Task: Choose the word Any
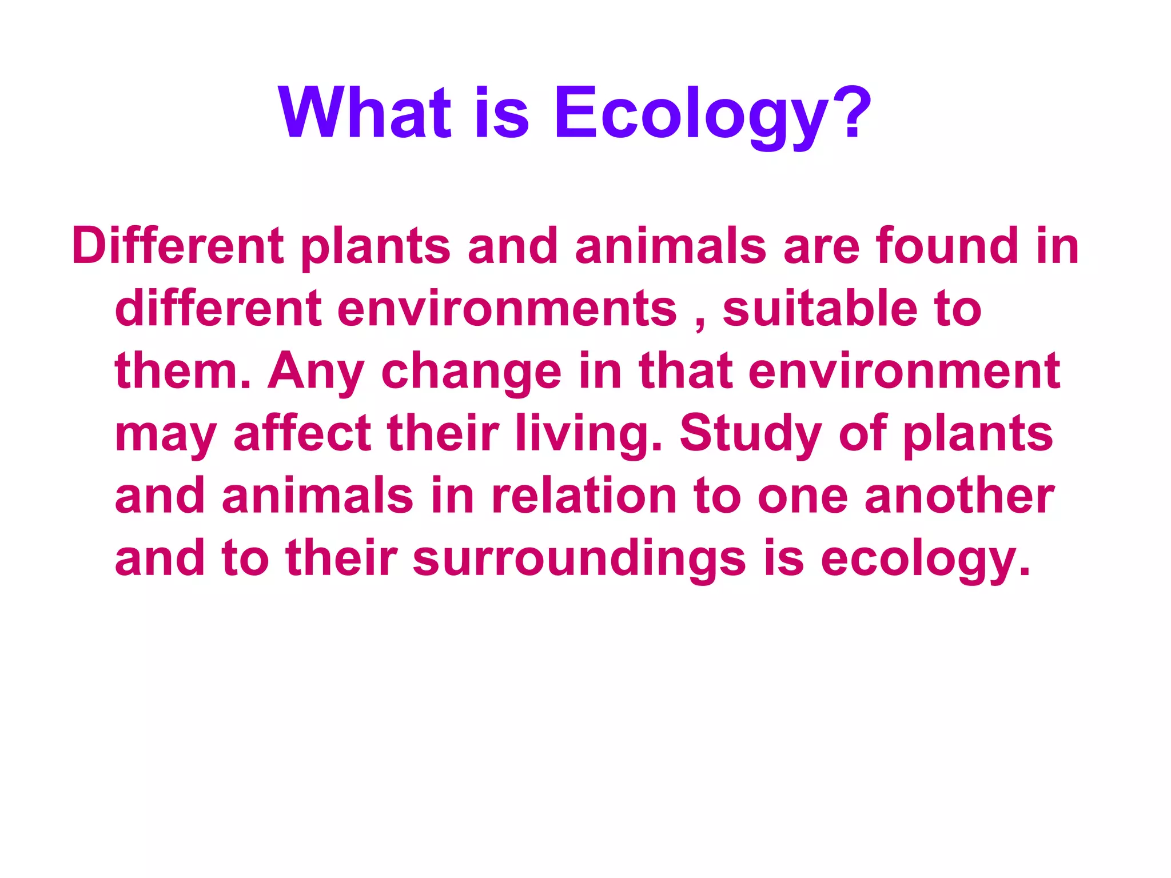[316, 373]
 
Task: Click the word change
[472, 373]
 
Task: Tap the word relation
[584, 496]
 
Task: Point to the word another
[959, 496]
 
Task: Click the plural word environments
[507, 309]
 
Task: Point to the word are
[822, 247]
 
